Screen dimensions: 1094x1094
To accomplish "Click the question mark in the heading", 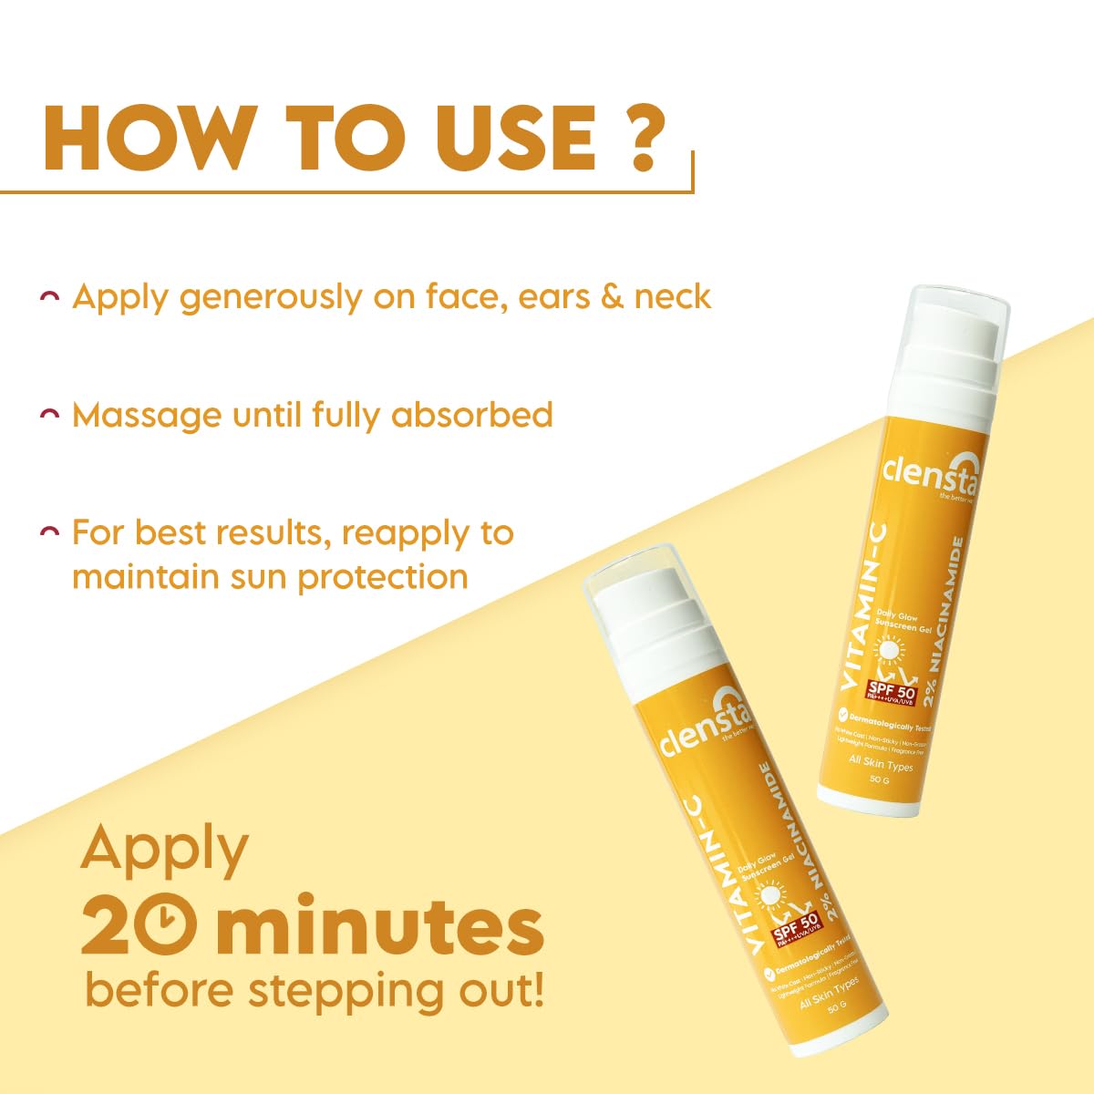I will pos(643,139).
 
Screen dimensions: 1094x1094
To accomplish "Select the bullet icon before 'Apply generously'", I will pos(51,297).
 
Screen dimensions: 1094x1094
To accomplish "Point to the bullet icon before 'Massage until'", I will pos(51,415).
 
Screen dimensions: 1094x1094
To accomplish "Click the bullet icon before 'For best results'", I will pos(51,532).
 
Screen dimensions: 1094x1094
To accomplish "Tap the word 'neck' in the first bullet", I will pos(673,297).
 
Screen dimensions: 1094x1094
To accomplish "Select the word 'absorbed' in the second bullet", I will pos(471,415).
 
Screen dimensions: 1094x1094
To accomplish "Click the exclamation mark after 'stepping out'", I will pos(535,991).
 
